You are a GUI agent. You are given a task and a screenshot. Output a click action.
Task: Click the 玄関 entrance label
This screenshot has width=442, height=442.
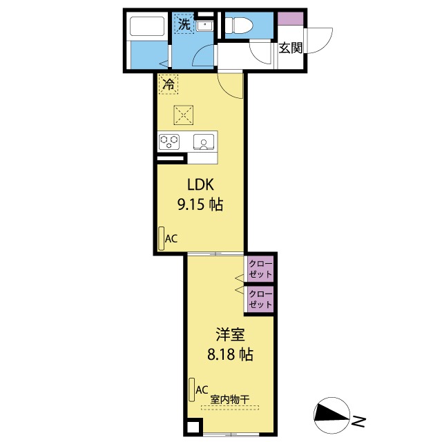pos(291,48)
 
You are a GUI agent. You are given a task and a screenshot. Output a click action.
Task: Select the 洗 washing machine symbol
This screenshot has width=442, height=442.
pos(184,24)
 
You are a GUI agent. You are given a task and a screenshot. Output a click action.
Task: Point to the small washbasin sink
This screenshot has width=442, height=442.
pos(205,26)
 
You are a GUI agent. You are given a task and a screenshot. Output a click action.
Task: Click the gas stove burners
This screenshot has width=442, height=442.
pos(169,142)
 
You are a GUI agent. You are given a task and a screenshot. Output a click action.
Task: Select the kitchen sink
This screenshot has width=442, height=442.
pos(204,142)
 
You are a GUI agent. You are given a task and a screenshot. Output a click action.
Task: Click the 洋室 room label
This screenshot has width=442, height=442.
pos(230,336)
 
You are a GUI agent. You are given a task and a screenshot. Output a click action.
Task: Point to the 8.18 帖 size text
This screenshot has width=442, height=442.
pos(230,356)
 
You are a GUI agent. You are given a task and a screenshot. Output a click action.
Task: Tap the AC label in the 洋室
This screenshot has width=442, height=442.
pos(202,390)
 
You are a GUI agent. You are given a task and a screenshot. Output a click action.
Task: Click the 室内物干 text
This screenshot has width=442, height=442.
pos(230,399)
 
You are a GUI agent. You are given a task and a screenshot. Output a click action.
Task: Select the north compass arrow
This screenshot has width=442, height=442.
pos(332,414)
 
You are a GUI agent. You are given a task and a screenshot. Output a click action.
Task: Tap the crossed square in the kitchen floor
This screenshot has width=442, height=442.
pos(183,112)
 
